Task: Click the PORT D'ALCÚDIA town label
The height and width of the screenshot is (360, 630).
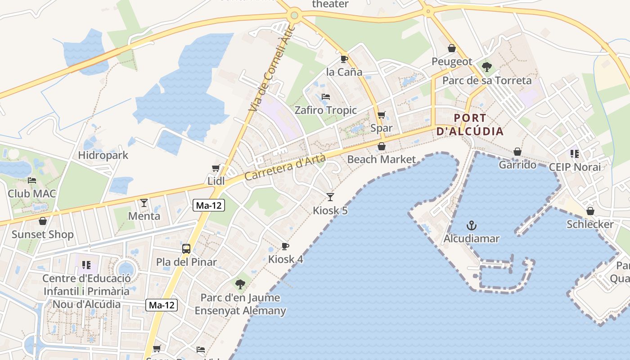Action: coord(470,125)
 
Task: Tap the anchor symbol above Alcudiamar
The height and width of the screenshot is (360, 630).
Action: coord(472,225)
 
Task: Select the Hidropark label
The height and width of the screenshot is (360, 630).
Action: coord(103,155)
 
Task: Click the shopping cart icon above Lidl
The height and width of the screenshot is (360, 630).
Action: coord(216,168)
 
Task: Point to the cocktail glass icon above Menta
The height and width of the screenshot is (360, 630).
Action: coord(144,203)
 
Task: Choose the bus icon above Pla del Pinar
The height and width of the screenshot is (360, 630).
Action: coord(186,248)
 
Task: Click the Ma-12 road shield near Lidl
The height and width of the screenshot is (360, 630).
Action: coord(209,205)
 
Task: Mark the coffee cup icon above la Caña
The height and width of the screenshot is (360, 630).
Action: coord(344,59)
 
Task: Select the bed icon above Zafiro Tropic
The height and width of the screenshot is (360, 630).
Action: coord(325,97)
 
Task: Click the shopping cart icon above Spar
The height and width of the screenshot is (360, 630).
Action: coord(382,115)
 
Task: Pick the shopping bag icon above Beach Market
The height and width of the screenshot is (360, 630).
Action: coord(382,146)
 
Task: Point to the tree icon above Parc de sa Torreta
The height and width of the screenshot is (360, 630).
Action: coord(486,67)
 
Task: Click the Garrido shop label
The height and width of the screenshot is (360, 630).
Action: coord(517,165)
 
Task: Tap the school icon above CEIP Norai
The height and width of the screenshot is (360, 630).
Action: coord(574,154)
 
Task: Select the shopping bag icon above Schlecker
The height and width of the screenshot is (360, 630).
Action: coord(590,211)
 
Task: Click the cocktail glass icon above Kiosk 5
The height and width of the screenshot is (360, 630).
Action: coord(330,197)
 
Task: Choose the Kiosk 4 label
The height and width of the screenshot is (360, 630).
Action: coord(286,259)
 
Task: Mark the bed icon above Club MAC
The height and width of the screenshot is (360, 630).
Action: coord(32,180)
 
